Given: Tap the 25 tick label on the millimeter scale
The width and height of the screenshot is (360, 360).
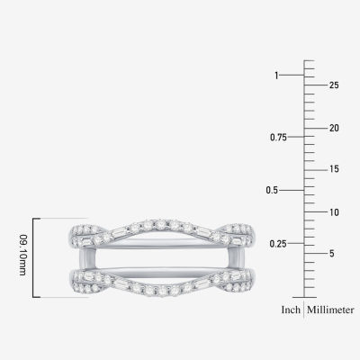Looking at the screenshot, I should coord(334,85).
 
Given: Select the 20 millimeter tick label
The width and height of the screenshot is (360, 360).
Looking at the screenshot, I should coord(334,128).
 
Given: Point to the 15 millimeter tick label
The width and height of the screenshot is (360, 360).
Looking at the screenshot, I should coord(334,169).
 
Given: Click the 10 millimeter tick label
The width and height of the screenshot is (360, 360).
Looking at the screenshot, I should coord(334,212).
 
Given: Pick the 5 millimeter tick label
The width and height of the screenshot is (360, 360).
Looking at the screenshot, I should coord(332,254).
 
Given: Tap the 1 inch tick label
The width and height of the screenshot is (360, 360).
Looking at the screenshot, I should coord(276,76).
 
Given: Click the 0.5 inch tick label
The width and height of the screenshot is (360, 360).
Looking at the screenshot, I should coord(274,191).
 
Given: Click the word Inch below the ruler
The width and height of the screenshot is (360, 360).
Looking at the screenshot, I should coord(290,311).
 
